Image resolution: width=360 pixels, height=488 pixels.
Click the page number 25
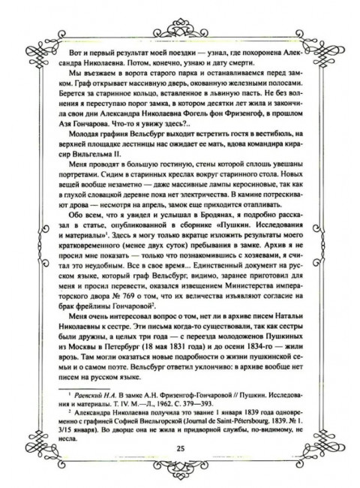pyautogui.click(x=180, y=449)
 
